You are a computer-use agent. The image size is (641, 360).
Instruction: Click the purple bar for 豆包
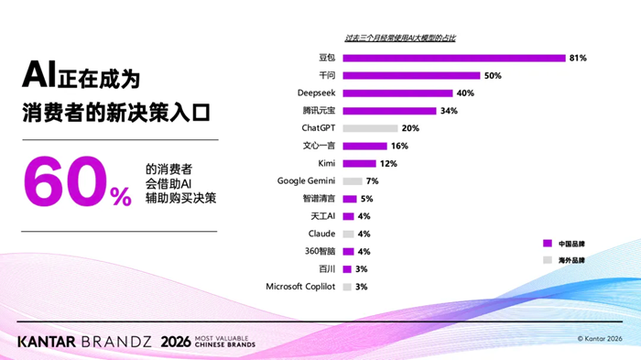click(x=454, y=58)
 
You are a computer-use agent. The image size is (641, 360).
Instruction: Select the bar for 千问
click(x=411, y=76)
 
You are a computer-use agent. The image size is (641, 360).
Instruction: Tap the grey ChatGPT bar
click(x=370, y=128)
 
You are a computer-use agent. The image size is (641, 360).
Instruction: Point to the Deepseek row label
click(x=316, y=93)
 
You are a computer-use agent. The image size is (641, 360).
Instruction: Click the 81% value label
click(x=578, y=58)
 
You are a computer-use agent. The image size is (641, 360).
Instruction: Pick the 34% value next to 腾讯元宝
click(x=449, y=111)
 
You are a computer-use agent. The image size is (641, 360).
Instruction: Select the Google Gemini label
click(x=306, y=180)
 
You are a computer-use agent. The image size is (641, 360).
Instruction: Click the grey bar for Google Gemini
click(x=353, y=181)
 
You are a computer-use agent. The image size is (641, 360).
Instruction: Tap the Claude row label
click(x=321, y=234)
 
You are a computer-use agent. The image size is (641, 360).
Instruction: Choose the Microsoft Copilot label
click(x=300, y=287)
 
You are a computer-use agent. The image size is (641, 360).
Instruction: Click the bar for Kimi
click(x=359, y=164)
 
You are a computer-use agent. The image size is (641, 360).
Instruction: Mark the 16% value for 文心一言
click(x=399, y=146)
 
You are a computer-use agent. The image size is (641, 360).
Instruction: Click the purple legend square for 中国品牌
click(x=548, y=244)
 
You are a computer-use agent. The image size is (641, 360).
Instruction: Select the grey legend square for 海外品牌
click(x=548, y=260)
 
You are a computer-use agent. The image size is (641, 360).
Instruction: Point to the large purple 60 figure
click(x=65, y=181)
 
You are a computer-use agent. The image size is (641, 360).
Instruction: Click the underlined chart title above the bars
click(x=400, y=38)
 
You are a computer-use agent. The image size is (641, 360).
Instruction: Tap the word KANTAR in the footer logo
click(x=46, y=342)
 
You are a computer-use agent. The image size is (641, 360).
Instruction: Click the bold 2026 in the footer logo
click(x=176, y=342)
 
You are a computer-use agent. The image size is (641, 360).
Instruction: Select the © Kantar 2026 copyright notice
click(x=600, y=339)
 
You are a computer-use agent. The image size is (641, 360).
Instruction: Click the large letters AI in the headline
click(x=38, y=74)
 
